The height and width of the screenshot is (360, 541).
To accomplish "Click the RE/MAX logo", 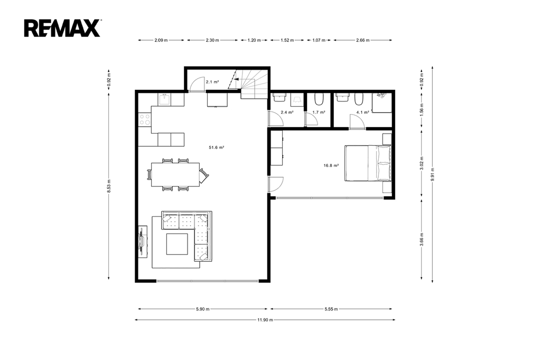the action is point(62,28).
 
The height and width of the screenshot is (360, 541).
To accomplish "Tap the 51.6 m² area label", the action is point(216,148).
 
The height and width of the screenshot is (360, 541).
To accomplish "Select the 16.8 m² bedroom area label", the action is point(331,166).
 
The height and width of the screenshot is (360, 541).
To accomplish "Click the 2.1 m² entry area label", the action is point(212,82).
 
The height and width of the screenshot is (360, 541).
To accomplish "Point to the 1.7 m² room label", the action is point(319,112).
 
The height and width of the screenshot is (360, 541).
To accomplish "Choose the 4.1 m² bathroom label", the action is point(362,112).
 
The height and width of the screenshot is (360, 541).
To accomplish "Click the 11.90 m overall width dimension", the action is point(265,320).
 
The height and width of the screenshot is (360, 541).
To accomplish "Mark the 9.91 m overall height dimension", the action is point(432,174).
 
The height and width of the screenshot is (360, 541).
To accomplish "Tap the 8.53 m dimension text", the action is point(109,186).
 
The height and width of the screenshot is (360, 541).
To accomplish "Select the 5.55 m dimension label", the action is point(331,309).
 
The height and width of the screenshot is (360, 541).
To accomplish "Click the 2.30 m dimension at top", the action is point(212,40).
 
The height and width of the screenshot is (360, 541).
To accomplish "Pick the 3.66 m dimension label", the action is point(422,239).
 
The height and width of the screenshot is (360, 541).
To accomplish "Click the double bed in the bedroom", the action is point(368,163).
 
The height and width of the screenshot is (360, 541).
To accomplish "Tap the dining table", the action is point(175,175).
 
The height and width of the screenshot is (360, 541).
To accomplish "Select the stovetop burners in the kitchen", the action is point(145,119).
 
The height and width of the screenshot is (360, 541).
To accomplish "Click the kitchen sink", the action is point(165,100).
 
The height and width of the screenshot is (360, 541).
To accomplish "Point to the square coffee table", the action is point(178,244).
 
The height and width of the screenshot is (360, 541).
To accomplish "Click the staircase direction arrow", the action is point(236,79).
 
